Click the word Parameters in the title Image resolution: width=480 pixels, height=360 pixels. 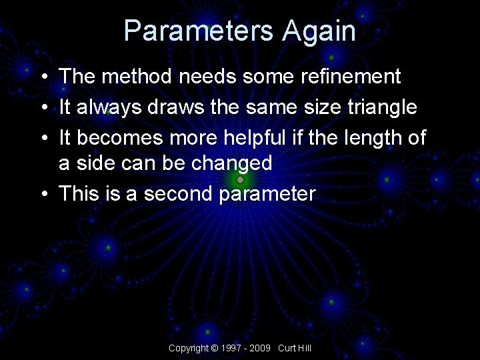[199, 31]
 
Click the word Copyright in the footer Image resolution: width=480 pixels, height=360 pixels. [188, 349]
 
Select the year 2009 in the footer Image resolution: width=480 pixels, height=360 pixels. [261, 349]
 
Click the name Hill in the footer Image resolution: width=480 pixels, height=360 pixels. [304, 349]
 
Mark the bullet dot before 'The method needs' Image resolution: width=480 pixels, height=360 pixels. [43, 77]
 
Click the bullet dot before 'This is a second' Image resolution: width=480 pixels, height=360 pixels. [43, 195]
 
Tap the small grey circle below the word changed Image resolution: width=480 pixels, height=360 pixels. [240, 179]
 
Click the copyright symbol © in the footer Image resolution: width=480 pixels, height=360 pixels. [214, 349]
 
